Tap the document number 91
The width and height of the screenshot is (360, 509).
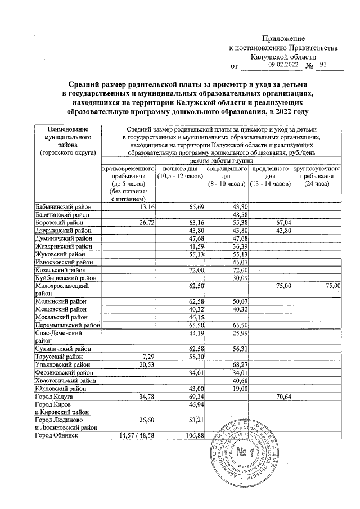[x=322, y=65]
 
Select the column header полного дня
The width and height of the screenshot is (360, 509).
[x=179, y=169]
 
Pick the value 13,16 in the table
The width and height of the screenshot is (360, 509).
[x=146, y=207]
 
